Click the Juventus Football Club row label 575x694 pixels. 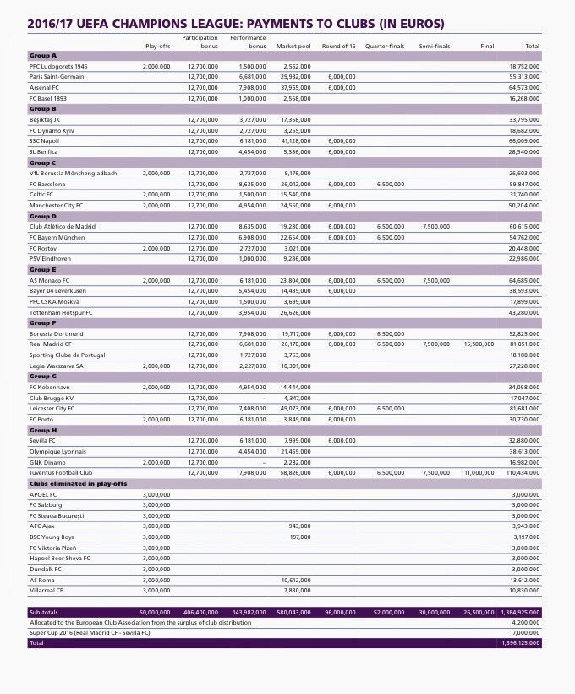pyautogui.click(x=61, y=472)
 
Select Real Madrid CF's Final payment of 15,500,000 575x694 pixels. pyautogui.click(x=479, y=344)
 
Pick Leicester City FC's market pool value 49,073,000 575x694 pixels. pyautogui.click(x=294, y=408)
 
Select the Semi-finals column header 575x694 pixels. pyautogui.click(x=435, y=45)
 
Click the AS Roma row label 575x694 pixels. pyautogui.click(x=43, y=580)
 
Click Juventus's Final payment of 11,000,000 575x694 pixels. pyautogui.click(x=479, y=472)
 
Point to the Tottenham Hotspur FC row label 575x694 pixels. pyautogui.click(x=61, y=312)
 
